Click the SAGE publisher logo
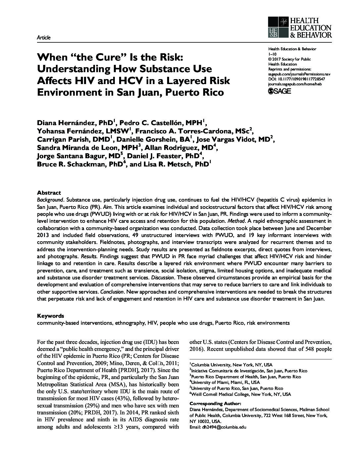[x=279, y=91]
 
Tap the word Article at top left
[x=44, y=38]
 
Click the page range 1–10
[x=272, y=54]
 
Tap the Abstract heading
[x=49, y=193]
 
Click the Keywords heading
[x=50, y=316]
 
